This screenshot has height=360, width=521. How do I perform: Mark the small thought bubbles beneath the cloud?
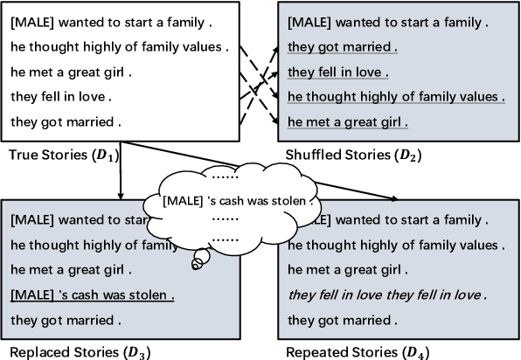[x=200, y=256]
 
